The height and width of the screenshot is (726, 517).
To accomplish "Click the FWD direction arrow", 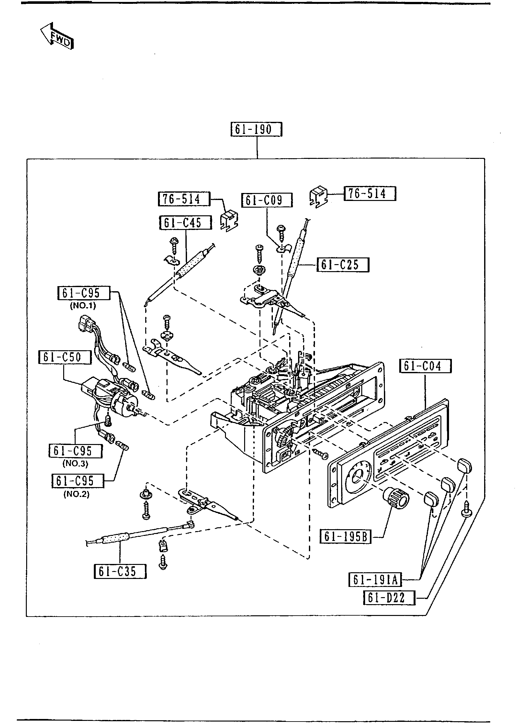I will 57,36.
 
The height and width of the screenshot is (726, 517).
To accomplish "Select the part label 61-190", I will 256,130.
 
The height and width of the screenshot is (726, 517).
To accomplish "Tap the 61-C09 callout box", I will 267,200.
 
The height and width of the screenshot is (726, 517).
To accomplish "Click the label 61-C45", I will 185,222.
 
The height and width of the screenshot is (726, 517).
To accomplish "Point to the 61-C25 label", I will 342,264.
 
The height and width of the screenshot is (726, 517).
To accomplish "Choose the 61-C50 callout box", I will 65,357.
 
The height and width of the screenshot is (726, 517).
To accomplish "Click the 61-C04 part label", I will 425,366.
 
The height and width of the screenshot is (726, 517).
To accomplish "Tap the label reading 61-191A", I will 375,580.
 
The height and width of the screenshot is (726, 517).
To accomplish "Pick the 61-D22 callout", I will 389,597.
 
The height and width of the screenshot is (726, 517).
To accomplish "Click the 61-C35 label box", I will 120,571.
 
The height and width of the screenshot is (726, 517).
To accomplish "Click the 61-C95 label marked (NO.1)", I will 84,293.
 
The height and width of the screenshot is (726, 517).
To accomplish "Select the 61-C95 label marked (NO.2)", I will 78,490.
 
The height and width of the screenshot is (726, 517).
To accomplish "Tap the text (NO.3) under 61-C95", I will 75,463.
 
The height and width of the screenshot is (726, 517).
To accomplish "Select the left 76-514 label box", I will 184,199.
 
